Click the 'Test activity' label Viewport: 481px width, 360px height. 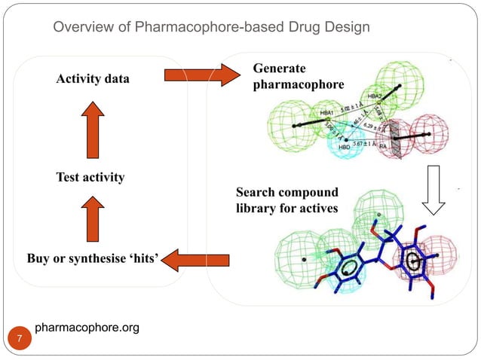[90, 178]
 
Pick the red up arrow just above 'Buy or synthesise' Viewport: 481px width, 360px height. [90, 218]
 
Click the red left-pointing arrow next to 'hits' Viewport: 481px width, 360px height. [195, 261]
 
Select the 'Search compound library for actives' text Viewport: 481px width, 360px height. [287, 200]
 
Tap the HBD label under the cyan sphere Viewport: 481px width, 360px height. [346, 148]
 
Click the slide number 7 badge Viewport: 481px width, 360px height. [20, 340]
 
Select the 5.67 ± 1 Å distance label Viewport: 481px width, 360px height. [365, 142]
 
